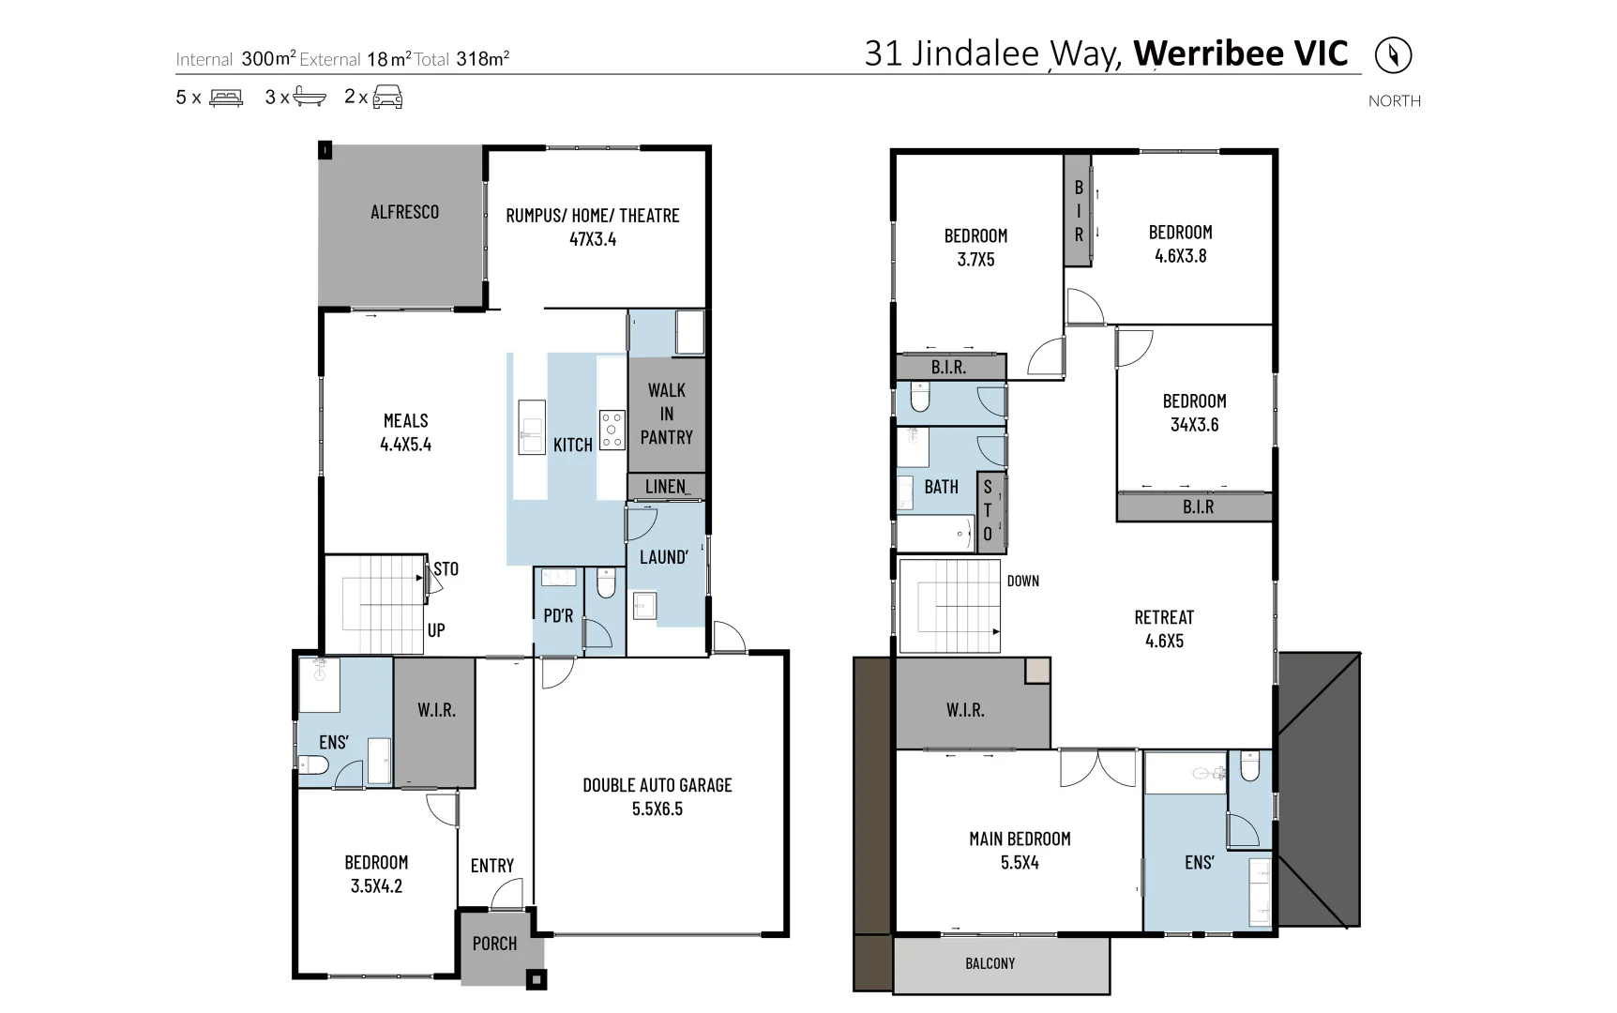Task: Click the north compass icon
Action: (x=1393, y=54)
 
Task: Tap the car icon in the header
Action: (x=387, y=97)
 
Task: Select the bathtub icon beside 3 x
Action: (x=309, y=97)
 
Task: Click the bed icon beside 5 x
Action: (x=226, y=97)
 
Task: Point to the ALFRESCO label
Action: (x=404, y=212)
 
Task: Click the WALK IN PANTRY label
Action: (x=666, y=414)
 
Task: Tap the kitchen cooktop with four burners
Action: (x=612, y=430)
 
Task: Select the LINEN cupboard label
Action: (x=666, y=486)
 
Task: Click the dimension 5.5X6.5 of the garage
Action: (x=657, y=809)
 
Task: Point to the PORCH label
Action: (x=494, y=944)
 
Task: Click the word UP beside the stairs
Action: (x=436, y=630)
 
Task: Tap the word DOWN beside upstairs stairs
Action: (x=1022, y=581)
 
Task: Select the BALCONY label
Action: (x=990, y=963)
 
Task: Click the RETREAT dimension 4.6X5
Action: (x=1164, y=641)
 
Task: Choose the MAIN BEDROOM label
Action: (x=1020, y=839)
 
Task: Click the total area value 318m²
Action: (x=482, y=59)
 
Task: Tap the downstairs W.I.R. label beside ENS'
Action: (x=436, y=710)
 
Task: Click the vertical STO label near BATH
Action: (x=987, y=510)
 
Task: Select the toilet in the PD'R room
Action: (x=606, y=585)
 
